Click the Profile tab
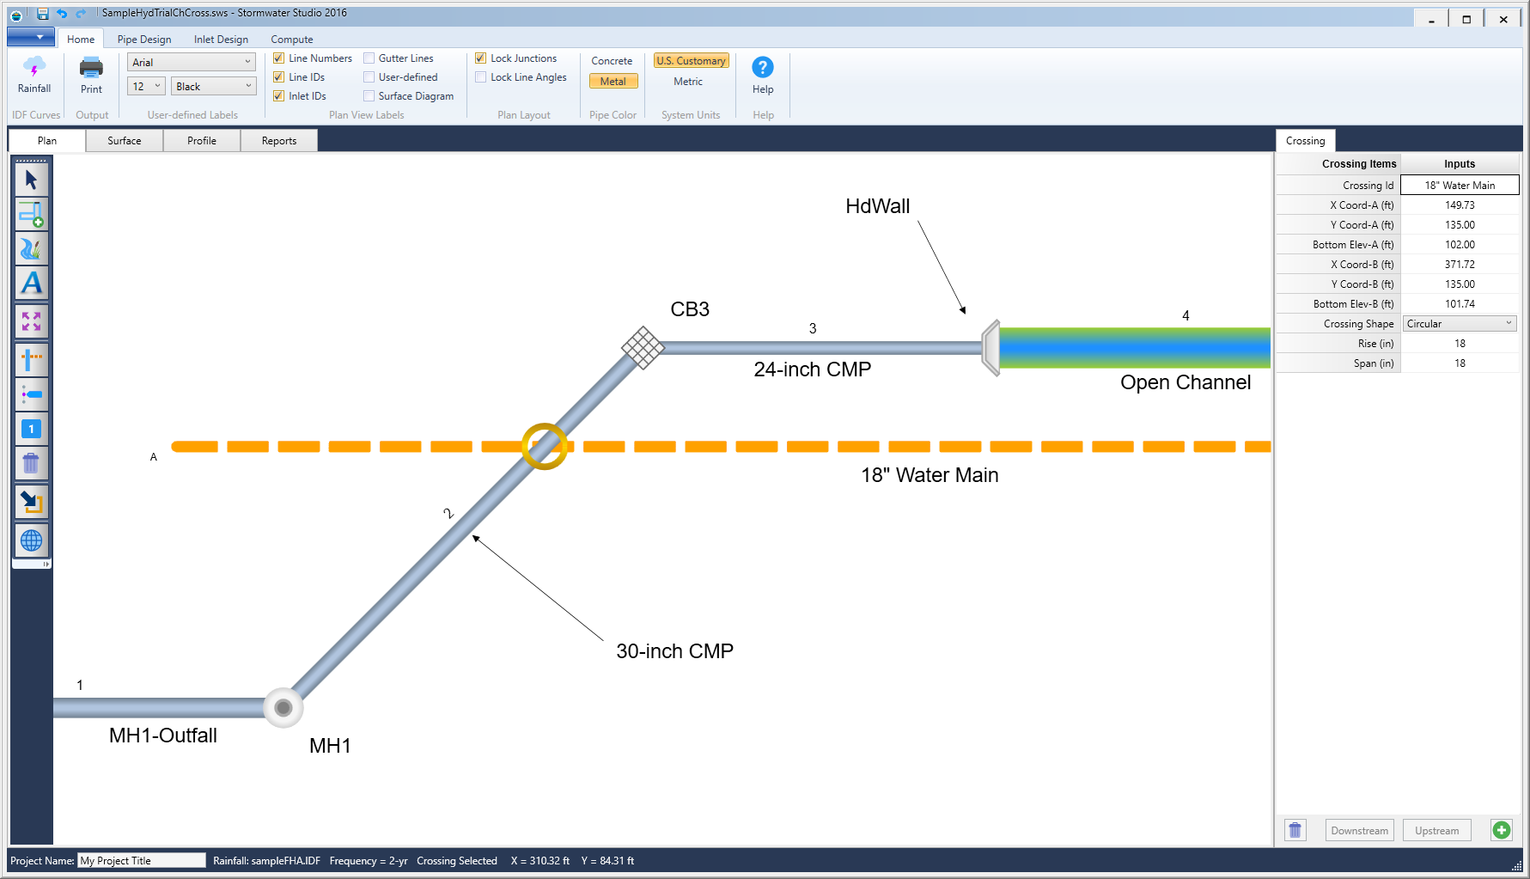(201, 141)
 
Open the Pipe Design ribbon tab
(143, 40)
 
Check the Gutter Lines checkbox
(369, 58)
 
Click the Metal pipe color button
(613, 82)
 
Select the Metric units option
(687, 82)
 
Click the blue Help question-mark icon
(762, 67)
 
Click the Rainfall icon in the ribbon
(34, 69)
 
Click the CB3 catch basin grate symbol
(643, 348)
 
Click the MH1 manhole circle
(283, 708)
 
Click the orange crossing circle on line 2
(545, 446)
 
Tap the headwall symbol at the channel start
(991, 348)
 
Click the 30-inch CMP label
(674, 651)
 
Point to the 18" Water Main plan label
(930, 475)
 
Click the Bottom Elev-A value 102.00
(1459, 245)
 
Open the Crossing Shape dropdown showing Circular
(1459, 324)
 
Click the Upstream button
(1436, 831)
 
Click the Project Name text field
(141, 861)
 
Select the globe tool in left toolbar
(31, 540)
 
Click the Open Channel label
(1185, 383)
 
